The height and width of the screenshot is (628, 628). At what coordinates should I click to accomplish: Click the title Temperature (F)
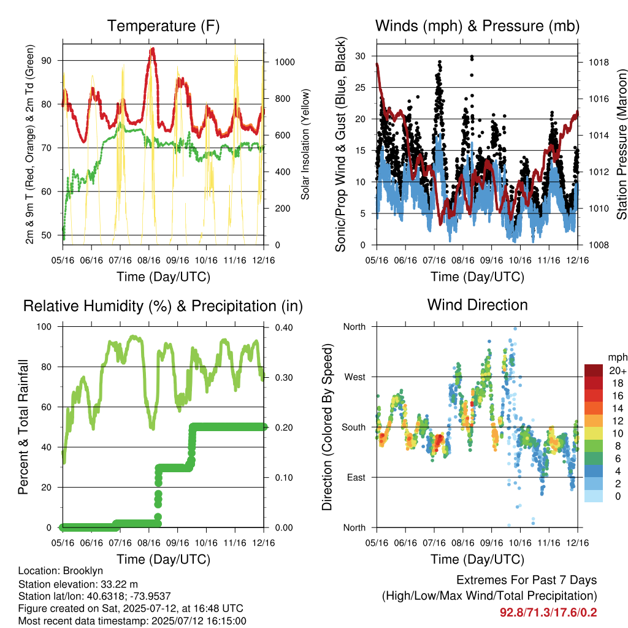(x=163, y=26)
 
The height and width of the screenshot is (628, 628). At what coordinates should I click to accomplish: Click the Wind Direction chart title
(x=477, y=305)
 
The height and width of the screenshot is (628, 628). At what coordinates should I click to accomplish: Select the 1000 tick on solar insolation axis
(x=285, y=62)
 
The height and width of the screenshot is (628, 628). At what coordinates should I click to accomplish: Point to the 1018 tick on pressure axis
(x=599, y=62)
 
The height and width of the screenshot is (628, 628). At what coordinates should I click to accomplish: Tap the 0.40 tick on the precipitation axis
(x=284, y=327)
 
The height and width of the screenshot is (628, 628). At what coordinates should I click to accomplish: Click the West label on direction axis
(x=355, y=377)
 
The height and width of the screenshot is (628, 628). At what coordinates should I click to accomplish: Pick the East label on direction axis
(x=356, y=477)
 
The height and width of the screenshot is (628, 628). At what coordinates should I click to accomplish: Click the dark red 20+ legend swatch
(x=594, y=370)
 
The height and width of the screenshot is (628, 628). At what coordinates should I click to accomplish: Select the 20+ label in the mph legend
(x=618, y=370)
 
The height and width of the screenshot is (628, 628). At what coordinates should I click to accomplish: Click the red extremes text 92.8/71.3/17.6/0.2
(x=548, y=613)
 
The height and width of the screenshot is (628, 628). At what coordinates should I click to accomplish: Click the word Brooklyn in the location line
(x=83, y=571)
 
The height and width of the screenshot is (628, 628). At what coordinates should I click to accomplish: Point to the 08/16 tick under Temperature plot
(x=149, y=260)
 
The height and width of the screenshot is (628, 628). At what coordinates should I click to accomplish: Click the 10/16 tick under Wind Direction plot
(x=520, y=543)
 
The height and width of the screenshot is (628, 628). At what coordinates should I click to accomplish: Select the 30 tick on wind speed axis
(x=361, y=56)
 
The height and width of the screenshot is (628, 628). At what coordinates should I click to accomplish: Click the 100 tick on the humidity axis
(x=44, y=326)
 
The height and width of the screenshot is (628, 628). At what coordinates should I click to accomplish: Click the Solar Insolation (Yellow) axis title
(x=305, y=145)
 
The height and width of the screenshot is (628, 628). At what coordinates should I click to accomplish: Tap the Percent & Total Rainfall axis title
(x=23, y=427)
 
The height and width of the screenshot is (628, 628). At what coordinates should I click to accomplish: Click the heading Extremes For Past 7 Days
(x=527, y=580)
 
